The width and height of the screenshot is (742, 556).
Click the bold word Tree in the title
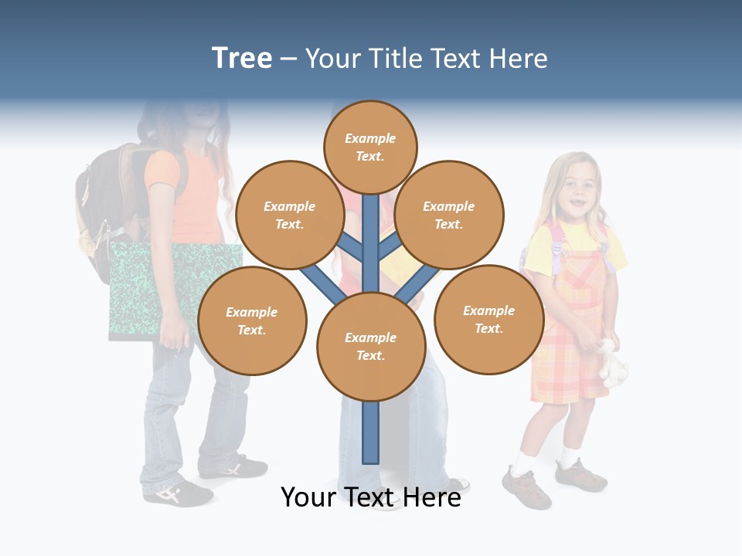242,59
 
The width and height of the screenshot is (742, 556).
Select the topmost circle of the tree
370,147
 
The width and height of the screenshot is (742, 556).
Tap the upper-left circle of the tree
289,215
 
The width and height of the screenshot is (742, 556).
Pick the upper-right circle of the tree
449,215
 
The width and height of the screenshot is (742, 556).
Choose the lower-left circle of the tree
252,320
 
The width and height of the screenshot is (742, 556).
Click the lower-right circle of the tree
488,319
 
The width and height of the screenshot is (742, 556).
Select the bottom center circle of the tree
371,347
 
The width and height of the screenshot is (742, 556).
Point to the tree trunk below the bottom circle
371,432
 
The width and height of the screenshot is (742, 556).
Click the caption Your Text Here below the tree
371,497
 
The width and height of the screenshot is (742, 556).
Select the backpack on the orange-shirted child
104,205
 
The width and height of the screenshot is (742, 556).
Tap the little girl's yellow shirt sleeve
539,255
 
